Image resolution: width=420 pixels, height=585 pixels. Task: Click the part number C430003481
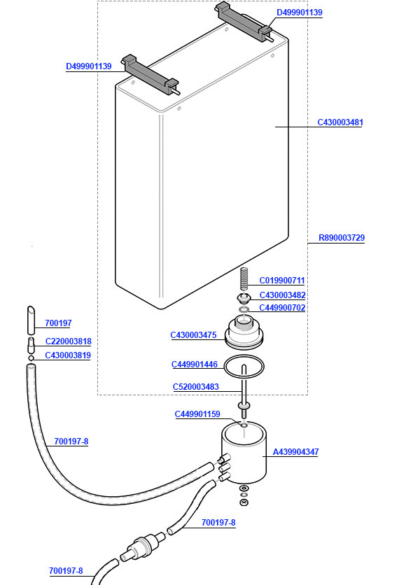[340, 122]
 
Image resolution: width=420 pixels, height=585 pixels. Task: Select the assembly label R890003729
[342, 238]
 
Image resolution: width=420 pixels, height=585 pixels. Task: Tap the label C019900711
[282, 281]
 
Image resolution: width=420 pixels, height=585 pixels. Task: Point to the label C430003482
[282, 295]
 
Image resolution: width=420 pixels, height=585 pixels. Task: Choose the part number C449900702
[282, 308]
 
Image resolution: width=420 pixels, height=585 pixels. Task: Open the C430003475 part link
[194, 335]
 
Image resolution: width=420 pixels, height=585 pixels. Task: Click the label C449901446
[195, 365]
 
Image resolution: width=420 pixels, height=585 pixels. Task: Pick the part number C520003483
[196, 387]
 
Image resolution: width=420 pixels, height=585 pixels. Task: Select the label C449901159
[197, 414]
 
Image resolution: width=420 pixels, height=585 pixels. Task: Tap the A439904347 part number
[295, 452]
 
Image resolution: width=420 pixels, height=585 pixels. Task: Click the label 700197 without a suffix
[58, 323]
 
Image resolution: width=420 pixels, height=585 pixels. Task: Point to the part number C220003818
[68, 341]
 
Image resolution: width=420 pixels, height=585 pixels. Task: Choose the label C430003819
[68, 355]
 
